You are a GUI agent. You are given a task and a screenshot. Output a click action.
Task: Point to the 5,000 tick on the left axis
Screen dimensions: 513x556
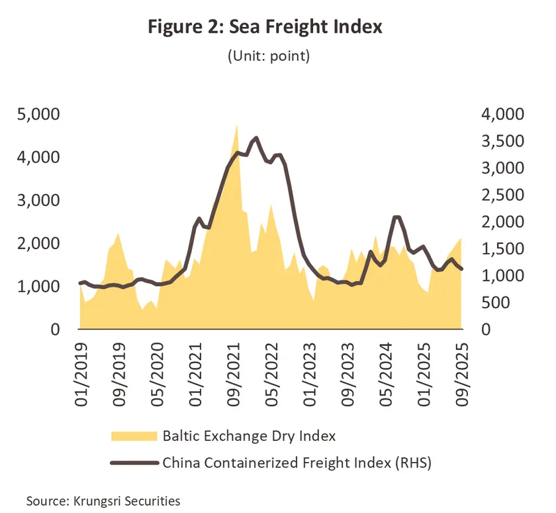pyautogui.click(x=37, y=115)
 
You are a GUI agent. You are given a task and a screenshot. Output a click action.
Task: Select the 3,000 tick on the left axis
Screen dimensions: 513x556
pyautogui.click(x=37, y=201)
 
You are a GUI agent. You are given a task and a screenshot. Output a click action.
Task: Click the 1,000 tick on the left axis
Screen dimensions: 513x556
pyautogui.click(x=37, y=287)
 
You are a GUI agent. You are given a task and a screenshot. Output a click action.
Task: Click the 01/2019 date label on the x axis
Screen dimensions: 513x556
pyautogui.click(x=81, y=368)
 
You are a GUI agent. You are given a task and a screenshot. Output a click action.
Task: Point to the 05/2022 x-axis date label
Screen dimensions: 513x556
pyautogui.click(x=271, y=368)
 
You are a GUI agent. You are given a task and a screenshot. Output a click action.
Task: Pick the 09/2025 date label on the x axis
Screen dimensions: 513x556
pyautogui.click(x=461, y=368)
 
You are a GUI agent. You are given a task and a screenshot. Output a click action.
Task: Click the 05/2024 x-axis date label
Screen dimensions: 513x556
pyautogui.click(x=386, y=368)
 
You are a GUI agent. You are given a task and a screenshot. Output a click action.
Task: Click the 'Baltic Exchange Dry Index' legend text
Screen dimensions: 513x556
pyautogui.click(x=249, y=436)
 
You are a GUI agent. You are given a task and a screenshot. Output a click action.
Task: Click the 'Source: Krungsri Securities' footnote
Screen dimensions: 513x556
pyautogui.click(x=103, y=500)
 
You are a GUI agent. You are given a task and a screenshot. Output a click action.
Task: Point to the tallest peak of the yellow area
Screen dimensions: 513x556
pyautogui.click(x=236, y=124)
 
